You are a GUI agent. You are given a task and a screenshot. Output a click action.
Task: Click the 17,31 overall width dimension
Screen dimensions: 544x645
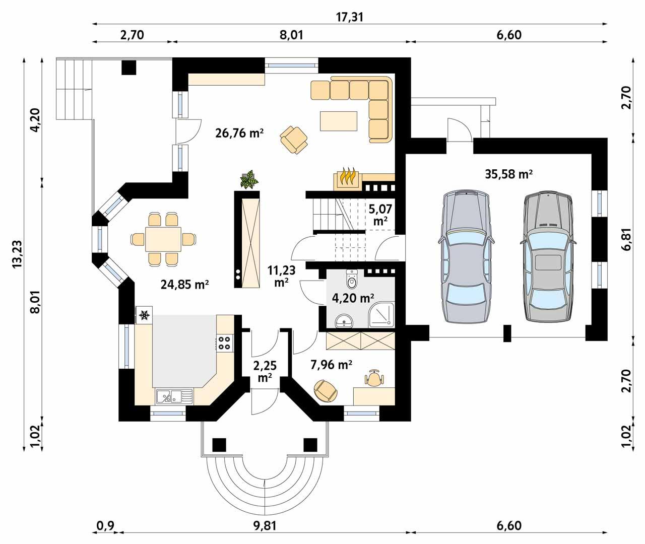click(349, 17)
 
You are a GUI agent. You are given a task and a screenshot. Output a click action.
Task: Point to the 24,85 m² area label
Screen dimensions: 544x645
click(185, 284)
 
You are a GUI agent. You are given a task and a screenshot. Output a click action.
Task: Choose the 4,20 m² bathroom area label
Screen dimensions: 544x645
click(353, 298)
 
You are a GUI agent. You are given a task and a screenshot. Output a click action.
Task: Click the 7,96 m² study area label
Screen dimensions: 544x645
click(330, 364)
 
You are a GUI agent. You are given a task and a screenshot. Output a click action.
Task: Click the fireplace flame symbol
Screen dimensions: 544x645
click(346, 178)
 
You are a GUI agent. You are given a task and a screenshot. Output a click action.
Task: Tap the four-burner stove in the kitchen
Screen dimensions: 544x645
click(224, 343)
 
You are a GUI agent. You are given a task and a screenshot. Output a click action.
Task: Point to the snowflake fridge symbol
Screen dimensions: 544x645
click(144, 315)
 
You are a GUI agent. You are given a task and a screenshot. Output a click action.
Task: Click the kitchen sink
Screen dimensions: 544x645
click(173, 397)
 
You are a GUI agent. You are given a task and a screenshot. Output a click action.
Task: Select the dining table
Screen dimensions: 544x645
click(163, 239)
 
